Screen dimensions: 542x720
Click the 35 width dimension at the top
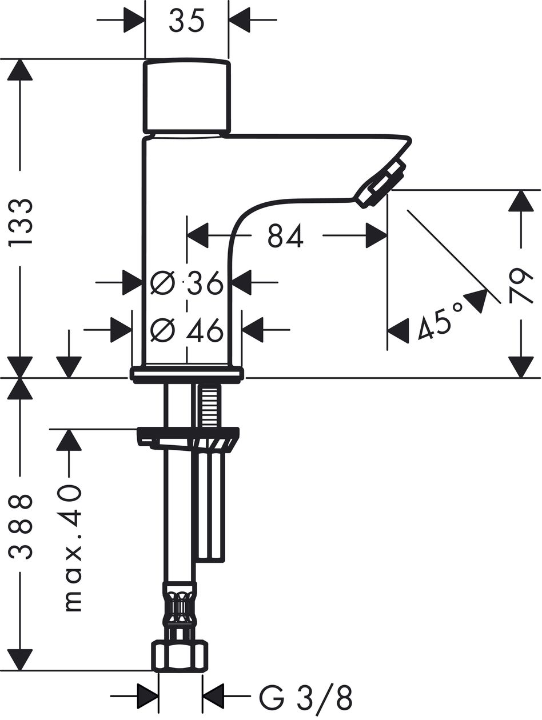(187, 21)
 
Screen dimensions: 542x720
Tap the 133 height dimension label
(21, 222)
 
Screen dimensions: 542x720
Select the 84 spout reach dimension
(285, 235)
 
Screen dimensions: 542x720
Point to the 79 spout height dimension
(520, 285)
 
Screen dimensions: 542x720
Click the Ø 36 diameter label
(187, 282)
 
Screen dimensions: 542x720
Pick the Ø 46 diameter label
(187, 330)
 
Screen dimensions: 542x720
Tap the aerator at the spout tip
(381, 183)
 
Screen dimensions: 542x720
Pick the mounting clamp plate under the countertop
(188, 437)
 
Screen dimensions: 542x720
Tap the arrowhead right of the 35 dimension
(240, 20)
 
